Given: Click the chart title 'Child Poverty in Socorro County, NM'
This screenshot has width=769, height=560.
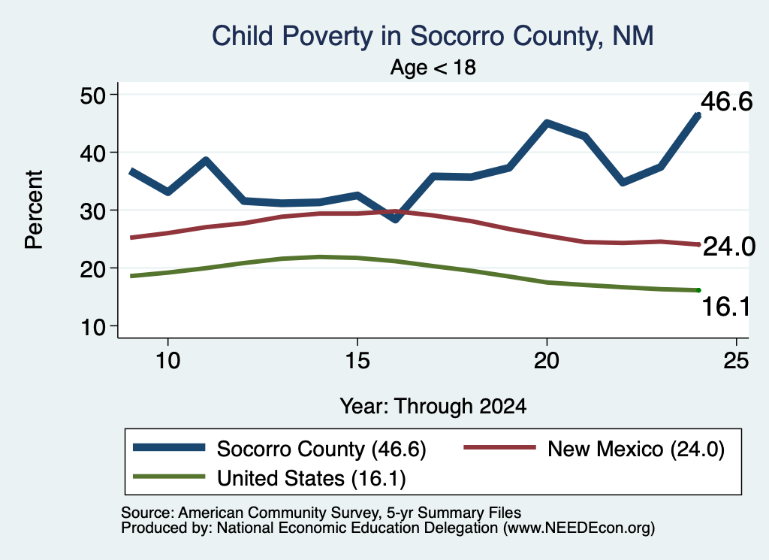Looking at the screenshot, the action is [433, 37].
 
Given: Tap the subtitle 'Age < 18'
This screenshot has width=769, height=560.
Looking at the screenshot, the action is [433, 67].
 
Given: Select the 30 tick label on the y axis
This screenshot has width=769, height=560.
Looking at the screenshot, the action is [92, 210].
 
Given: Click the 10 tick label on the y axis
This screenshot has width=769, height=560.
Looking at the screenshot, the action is [93, 326].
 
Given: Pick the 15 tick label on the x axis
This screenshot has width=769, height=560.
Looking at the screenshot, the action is [357, 361].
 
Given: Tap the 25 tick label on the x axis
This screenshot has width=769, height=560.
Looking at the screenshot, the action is [736, 361].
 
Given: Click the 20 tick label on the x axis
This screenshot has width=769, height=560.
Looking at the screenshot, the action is [547, 361].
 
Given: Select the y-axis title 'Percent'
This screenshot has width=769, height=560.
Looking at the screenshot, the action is [34, 210].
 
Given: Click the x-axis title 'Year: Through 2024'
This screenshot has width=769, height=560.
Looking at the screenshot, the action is [433, 407].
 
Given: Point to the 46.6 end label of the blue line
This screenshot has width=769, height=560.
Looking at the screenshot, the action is [726, 101].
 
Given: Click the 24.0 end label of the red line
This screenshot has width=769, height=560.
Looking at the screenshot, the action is [728, 246].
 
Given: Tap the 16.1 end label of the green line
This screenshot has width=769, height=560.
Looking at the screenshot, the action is [726, 307].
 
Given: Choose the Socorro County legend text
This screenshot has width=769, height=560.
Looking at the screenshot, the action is [321, 449].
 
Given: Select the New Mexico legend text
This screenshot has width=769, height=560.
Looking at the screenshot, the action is [636, 449].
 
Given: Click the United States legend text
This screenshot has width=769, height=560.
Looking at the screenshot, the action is [312, 478].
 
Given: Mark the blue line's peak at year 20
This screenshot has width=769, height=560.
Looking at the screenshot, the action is [547, 123].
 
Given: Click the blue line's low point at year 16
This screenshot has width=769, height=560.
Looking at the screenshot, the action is [395, 219].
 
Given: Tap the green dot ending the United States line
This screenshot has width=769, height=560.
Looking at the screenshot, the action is [698, 291].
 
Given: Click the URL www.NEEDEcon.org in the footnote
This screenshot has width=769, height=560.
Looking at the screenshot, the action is [578, 528].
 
